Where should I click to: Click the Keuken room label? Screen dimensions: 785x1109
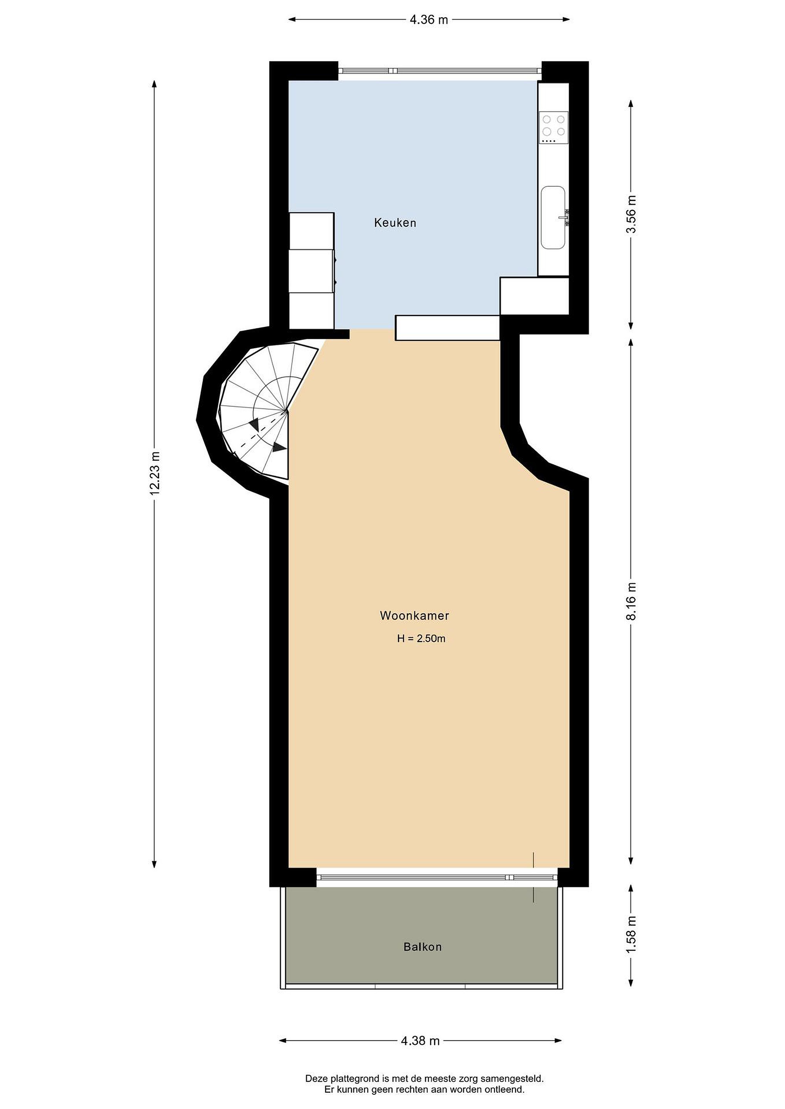[x=395, y=223]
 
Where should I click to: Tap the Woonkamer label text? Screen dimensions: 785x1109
[x=414, y=615]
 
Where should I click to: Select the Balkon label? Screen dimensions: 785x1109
[x=422, y=947]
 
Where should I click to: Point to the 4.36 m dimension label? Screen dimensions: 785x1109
[x=429, y=20]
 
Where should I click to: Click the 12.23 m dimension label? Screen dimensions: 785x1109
[x=154, y=473]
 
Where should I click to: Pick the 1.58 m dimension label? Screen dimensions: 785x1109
[x=631, y=935]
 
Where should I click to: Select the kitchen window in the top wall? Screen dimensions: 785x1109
[x=439, y=70]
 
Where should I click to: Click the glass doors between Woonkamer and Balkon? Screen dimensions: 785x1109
[x=437, y=877]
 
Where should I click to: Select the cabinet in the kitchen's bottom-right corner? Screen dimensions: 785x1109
[x=534, y=296]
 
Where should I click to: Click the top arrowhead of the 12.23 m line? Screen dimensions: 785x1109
[x=154, y=84]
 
